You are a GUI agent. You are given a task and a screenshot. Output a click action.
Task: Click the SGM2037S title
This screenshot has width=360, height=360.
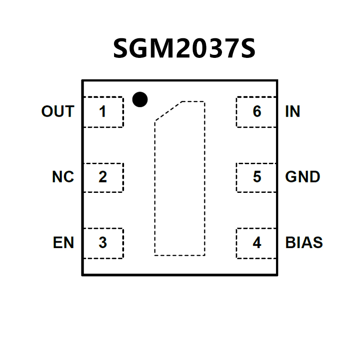point(184,48)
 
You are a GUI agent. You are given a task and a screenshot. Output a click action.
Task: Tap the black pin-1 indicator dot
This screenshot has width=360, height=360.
point(140,100)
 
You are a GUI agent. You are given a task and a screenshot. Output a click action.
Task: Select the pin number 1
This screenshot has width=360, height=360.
point(102,112)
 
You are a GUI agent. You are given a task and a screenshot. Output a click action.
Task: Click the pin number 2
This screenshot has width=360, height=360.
point(102,177)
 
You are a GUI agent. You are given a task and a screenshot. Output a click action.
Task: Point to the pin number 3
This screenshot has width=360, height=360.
point(102,242)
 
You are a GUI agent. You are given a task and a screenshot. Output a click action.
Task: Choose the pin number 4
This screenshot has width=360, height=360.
point(257,242)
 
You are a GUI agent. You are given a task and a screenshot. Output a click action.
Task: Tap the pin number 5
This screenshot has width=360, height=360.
point(257,177)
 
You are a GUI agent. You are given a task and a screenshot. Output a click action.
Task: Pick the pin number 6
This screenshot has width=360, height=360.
point(257,112)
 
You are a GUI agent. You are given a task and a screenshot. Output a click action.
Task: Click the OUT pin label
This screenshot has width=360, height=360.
point(57,112)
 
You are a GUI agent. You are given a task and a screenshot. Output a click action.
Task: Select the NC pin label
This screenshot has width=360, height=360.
point(63,177)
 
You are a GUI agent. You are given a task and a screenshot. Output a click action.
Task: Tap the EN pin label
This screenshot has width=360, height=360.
point(64,242)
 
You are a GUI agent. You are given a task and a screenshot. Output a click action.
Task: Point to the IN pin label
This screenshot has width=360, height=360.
point(293,112)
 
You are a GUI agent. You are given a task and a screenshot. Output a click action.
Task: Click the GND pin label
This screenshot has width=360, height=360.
point(303,177)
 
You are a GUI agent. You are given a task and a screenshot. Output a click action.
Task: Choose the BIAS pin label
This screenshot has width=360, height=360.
point(304,242)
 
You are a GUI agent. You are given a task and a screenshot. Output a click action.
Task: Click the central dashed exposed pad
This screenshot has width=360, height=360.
point(179,183)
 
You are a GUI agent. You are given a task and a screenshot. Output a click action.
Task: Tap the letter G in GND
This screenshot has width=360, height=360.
point(291,177)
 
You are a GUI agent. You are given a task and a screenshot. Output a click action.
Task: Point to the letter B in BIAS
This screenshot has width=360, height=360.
point(290,242)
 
